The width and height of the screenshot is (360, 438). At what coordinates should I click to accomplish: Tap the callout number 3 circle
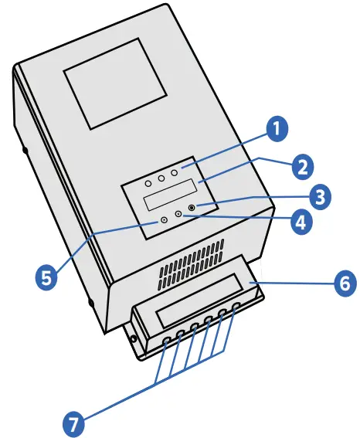[x=316, y=195]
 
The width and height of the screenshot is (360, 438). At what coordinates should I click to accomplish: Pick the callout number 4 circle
[x=300, y=223]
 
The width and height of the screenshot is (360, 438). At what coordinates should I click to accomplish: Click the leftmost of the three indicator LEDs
[x=148, y=183]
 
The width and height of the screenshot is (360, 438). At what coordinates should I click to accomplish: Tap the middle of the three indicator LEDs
[x=161, y=178]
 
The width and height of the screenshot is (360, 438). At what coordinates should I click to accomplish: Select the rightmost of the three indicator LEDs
[x=175, y=172]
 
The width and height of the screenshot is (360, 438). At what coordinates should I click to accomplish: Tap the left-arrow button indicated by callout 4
[x=178, y=214]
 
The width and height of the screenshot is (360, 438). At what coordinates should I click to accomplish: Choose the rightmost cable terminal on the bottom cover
[x=236, y=306]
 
